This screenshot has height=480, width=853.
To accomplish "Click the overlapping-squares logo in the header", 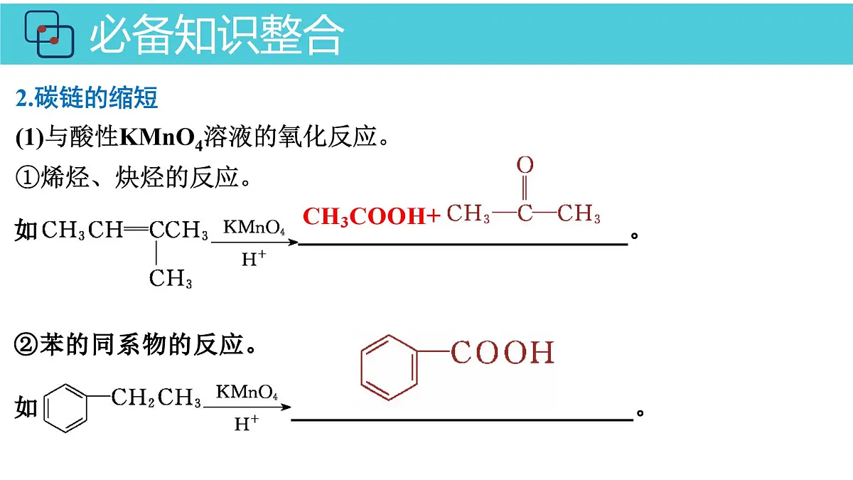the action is click(x=49, y=34).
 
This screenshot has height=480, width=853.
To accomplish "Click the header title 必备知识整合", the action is click(x=217, y=34).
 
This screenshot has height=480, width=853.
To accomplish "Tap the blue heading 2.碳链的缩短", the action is click(x=87, y=98).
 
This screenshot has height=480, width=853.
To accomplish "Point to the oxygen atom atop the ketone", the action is click(x=525, y=164).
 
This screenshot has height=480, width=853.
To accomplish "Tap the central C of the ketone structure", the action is click(x=525, y=213).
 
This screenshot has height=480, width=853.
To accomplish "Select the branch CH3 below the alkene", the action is click(x=170, y=279).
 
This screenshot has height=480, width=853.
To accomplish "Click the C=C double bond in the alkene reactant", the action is click(x=136, y=229).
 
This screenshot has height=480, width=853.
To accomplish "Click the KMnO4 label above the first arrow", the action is click(x=254, y=228).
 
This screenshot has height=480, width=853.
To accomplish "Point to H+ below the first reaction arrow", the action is click(x=254, y=259).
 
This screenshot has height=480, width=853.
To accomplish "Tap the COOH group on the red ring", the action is click(x=503, y=353).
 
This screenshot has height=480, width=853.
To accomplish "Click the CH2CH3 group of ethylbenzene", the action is click(x=156, y=398).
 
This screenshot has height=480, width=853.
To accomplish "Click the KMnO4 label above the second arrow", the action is click(x=247, y=392).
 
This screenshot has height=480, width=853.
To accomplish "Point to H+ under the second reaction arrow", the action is click(x=247, y=423).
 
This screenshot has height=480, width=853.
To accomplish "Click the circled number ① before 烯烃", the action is click(x=27, y=178).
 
